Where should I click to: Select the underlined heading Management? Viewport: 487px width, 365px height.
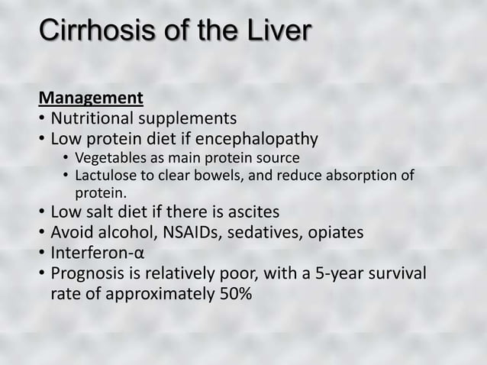tap(92, 99)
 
